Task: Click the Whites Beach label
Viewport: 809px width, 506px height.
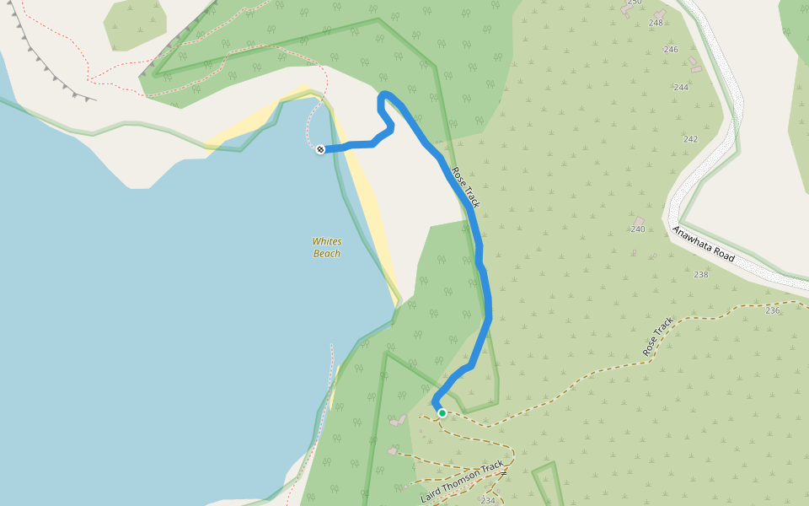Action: pos(327,247)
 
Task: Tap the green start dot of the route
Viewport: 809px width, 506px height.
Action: pos(442,413)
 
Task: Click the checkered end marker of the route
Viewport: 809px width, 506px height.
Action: pos(320,149)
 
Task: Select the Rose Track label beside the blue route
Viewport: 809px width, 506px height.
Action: pos(465,187)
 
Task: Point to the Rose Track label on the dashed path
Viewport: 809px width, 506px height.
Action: pos(658,336)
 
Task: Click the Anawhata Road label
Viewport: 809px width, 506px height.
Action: pos(704,244)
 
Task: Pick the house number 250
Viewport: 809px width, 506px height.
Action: pos(635,3)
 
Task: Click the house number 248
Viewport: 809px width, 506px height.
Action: pos(656,23)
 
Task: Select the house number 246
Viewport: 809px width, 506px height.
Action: pos(671,50)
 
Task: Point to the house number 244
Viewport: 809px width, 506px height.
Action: pos(681,88)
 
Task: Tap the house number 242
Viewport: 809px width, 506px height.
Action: pos(691,139)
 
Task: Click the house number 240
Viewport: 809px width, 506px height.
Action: pos(638,229)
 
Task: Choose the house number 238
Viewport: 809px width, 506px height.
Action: pos(701,274)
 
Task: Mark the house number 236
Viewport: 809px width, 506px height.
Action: pos(773,310)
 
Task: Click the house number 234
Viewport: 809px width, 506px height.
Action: pos(488,500)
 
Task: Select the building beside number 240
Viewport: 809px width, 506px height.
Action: pos(638,221)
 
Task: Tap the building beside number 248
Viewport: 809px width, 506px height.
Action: pos(658,14)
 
